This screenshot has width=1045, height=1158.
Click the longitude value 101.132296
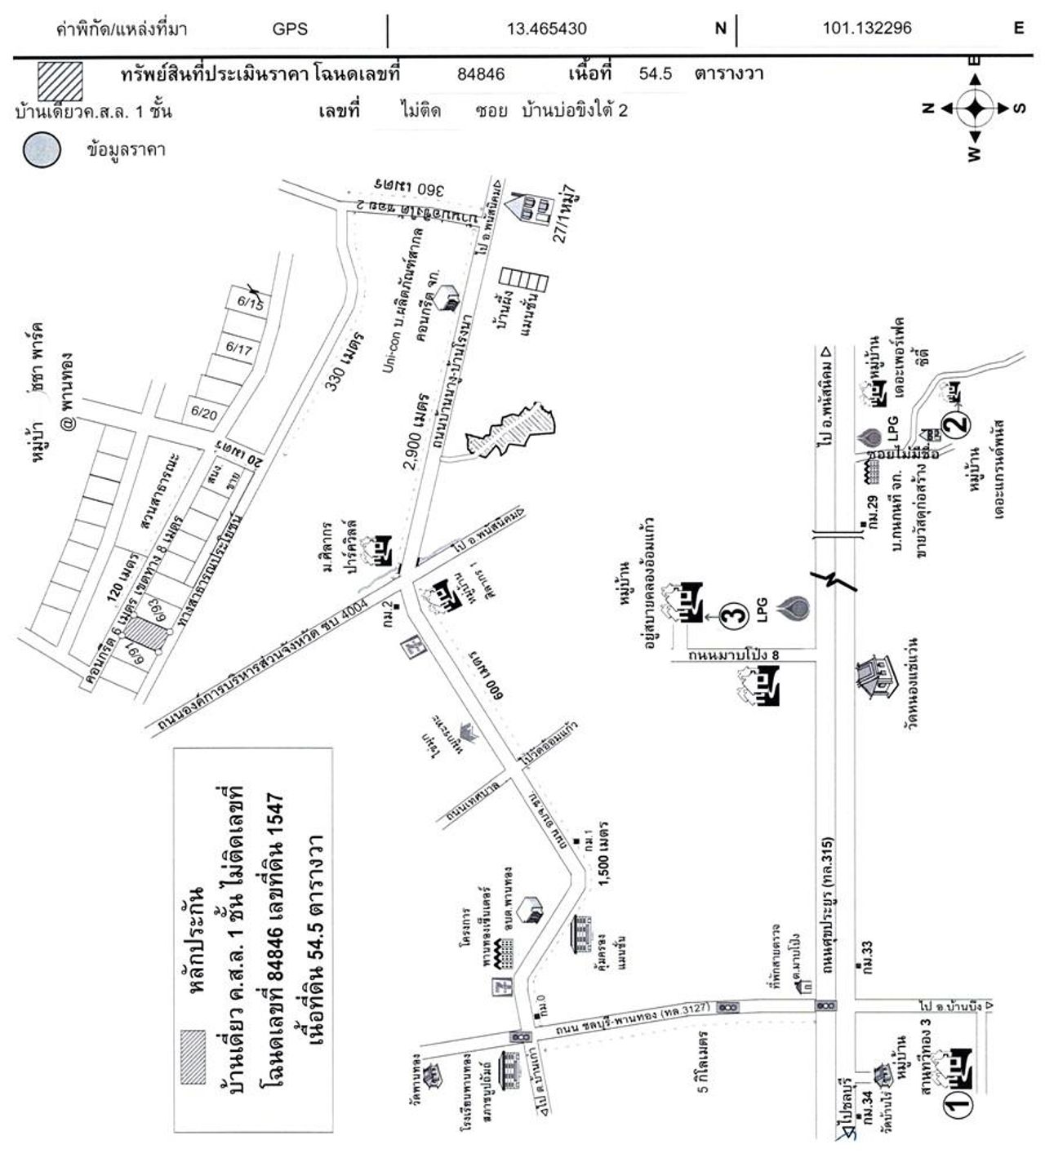tap(866, 29)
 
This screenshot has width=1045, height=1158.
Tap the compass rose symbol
tap(973, 108)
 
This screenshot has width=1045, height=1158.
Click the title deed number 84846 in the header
tap(481, 74)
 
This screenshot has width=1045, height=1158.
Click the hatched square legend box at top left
tap(59, 81)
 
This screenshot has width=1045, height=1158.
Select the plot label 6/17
tap(238, 349)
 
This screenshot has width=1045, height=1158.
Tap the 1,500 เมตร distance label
tap(605, 867)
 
